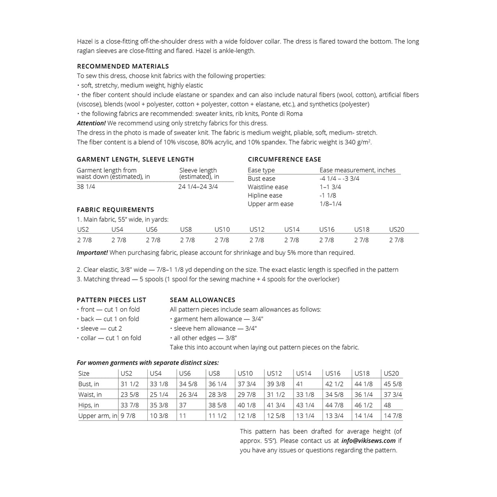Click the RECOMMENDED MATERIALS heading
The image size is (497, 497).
pos(123,66)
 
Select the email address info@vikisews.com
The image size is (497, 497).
pos(368,441)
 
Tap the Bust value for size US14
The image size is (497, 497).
pos(299,384)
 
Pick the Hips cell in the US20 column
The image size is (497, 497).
pos(387,405)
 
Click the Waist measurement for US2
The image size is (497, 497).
pos(129,395)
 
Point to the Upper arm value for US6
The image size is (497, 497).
pos(183,416)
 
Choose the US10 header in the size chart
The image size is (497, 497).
pos(245,373)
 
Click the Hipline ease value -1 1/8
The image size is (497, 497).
pos(328,195)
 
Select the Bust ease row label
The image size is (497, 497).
pos(261,178)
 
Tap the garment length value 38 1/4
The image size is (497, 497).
pos(86,187)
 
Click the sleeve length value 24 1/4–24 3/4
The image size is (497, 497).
pos(198,187)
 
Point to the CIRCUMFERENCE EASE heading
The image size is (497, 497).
pos(285,159)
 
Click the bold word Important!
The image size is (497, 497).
pos(92,253)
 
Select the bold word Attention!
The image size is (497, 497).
pos(91,123)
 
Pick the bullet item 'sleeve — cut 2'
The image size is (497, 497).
pos(101,328)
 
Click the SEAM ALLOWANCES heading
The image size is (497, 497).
pos(202,300)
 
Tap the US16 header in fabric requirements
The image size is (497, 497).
pos(327,230)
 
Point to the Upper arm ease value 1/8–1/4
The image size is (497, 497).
pos(330,204)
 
